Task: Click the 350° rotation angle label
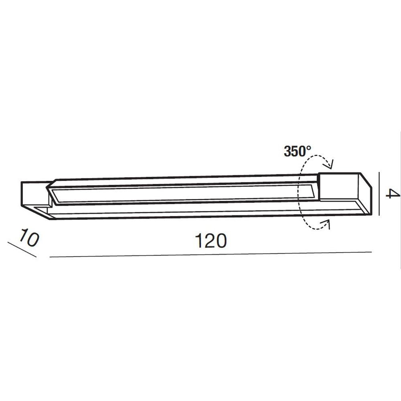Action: (298, 151)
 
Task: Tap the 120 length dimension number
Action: (211, 241)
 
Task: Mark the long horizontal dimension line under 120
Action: (211, 255)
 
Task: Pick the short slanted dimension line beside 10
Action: (22, 249)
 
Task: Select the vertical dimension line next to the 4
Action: (379, 194)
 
